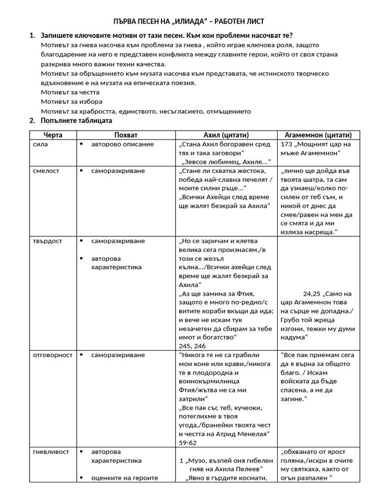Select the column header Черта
coord(53,135)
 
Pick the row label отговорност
coord(53,355)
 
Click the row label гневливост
coord(51,451)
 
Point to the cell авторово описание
coord(122,144)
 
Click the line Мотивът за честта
coord(70,92)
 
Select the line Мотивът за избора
coord(72,102)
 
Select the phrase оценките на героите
coord(125,478)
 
